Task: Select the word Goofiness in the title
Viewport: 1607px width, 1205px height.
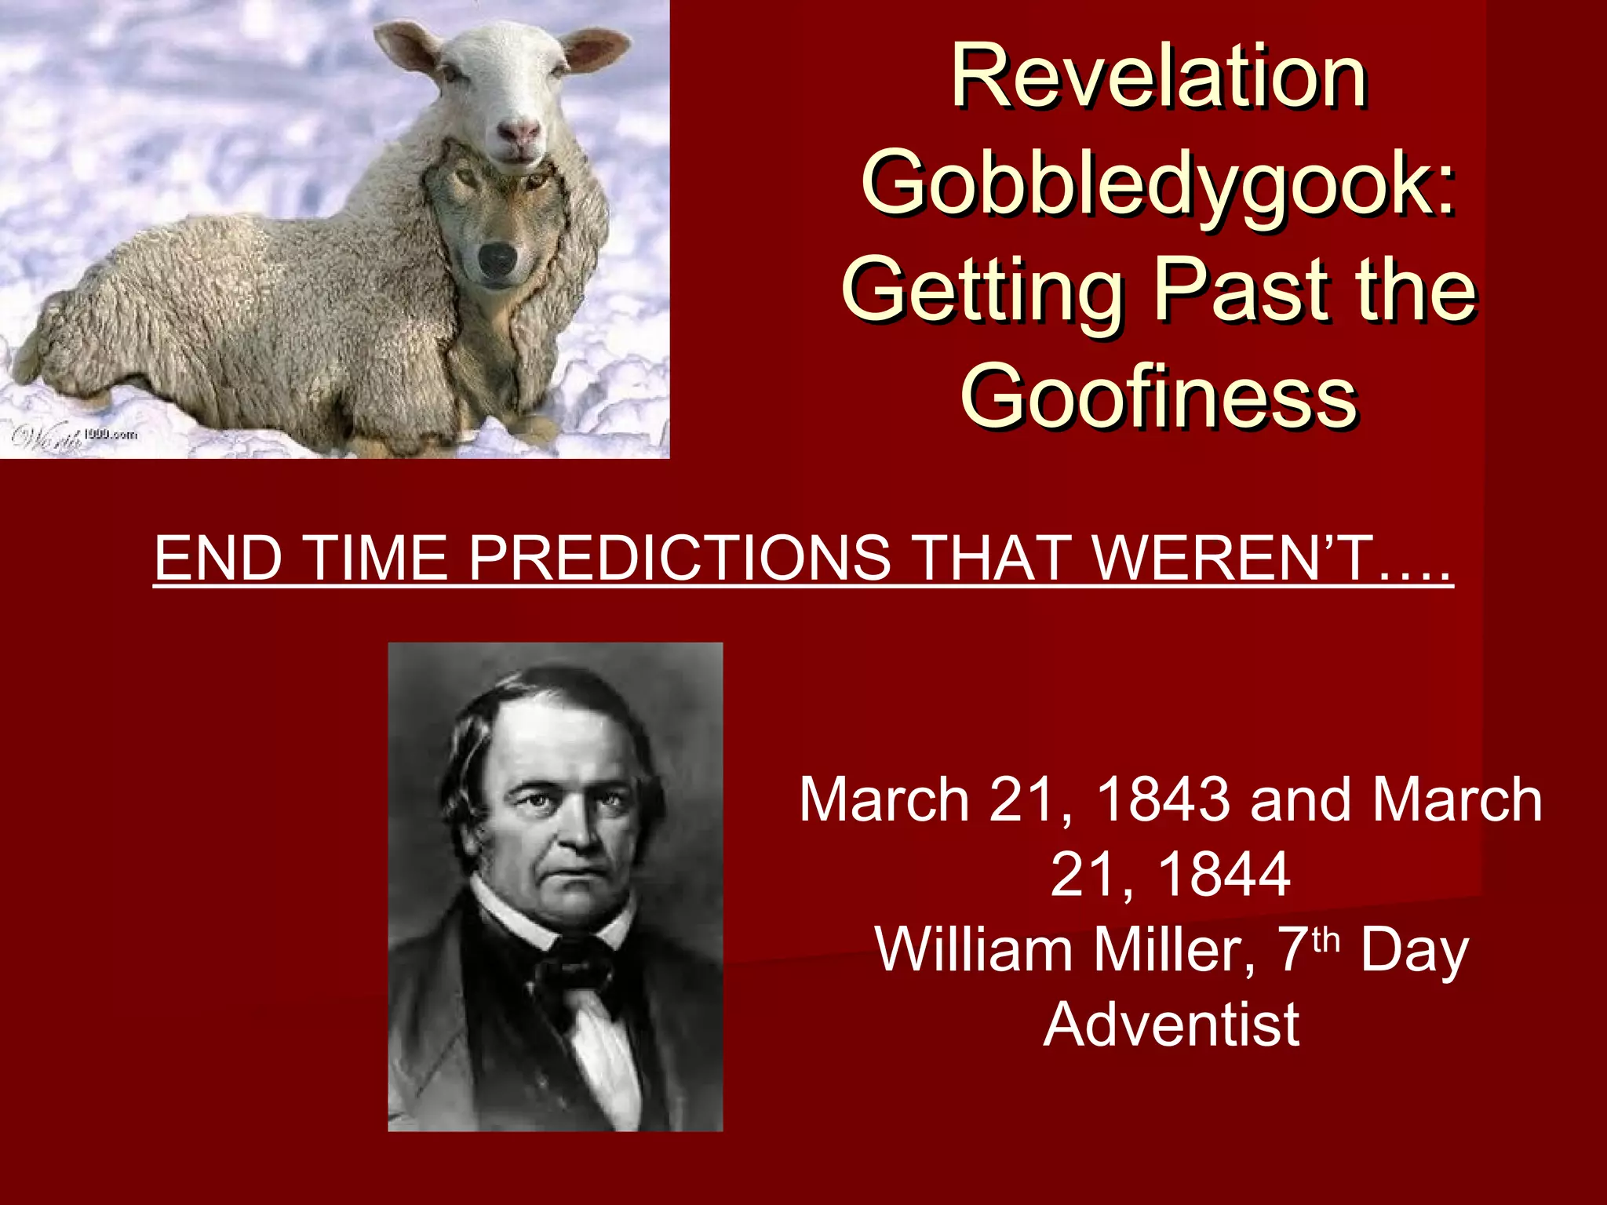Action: [x=1159, y=396]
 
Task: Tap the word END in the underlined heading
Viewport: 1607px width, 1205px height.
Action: [x=218, y=558]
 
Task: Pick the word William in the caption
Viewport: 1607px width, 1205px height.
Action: [x=974, y=949]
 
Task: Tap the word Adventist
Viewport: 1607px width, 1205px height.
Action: [x=1171, y=1024]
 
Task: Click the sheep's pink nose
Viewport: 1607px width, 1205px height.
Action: [x=519, y=133]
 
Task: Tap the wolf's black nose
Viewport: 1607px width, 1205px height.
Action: [x=497, y=258]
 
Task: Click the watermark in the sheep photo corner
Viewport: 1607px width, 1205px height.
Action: [x=75, y=435]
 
